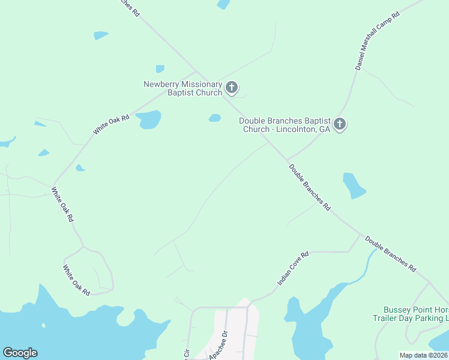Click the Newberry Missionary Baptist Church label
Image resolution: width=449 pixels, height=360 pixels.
click(182, 88)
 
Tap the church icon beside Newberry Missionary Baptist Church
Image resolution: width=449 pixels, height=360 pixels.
click(232, 89)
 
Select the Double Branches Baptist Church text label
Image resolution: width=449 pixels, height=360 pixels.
click(285, 125)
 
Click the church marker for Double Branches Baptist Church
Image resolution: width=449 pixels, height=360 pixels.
click(340, 124)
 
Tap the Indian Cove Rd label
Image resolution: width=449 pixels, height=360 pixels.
click(293, 268)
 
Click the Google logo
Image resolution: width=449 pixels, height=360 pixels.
click(20, 353)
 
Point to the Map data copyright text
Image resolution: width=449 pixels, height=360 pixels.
click(423, 355)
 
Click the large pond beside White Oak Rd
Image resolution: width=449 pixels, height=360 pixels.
click(149, 119)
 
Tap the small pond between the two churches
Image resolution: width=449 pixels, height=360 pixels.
click(215, 118)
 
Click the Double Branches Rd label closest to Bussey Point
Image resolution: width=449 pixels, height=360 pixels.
click(390, 254)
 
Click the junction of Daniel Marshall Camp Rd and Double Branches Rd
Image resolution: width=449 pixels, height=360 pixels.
click(286, 160)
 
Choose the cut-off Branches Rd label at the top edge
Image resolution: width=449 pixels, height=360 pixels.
click(126, 5)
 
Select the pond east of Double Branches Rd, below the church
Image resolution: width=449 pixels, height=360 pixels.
click(354, 185)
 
